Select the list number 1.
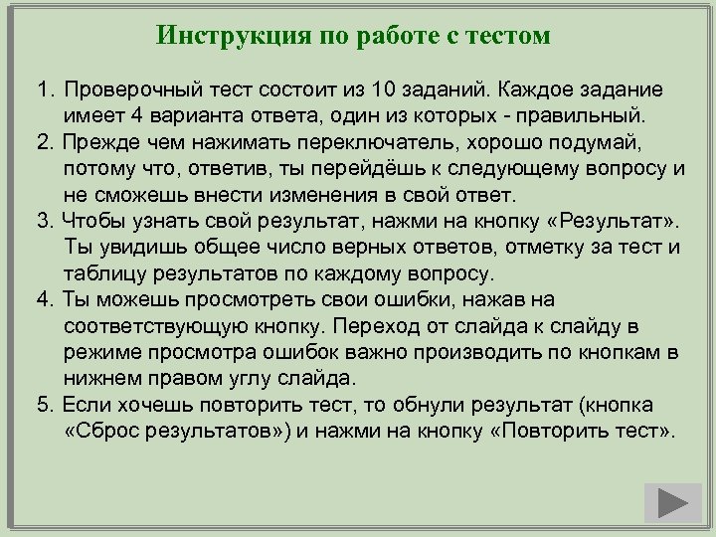pos(43,89)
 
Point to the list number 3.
pos(43,220)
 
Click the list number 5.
pos(43,406)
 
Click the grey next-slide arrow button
pos(672,503)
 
